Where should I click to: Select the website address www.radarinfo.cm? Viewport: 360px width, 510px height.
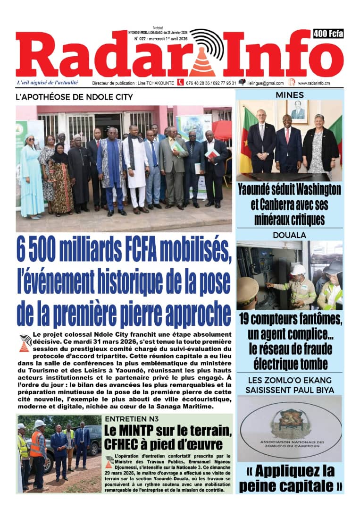pos(320,83)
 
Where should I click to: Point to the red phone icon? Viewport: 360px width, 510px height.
pos(180,82)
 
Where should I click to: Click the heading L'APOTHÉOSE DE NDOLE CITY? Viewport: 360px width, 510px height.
pos(75,97)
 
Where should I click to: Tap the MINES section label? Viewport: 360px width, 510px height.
pos(290,95)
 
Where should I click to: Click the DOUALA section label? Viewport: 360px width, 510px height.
pos(290,235)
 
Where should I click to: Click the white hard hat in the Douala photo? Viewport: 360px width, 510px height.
pos(298,270)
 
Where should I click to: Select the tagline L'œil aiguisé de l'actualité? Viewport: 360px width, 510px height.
pos(47,83)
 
